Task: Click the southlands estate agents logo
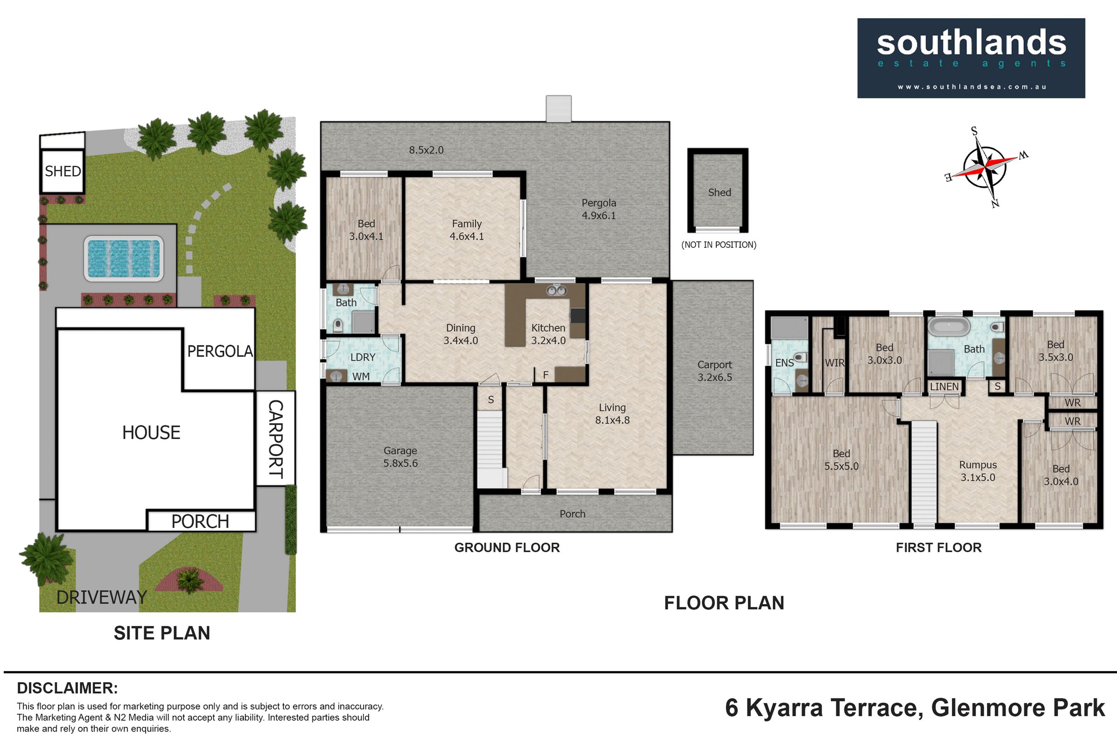[x=971, y=58]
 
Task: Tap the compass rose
[x=986, y=167]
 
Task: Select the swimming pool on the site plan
[x=123, y=259]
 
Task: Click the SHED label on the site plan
[x=63, y=171]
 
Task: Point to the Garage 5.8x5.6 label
[x=400, y=457]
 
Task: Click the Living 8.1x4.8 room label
[x=612, y=413]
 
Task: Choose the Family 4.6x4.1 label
[x=467, y=230]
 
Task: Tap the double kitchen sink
[x=557, y=290]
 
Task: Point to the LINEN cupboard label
[x=944, y=387]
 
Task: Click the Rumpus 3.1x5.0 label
[x=978, y=471]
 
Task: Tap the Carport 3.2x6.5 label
[x=715, y=371]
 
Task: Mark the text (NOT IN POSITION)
[x=719, y=245]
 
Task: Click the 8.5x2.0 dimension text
[x=426, y=150]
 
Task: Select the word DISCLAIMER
[x=67, y=688]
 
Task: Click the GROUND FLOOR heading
[x=507, y=548]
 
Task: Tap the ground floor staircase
[x=490, y=449]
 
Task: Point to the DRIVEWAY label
[x=101, y=597]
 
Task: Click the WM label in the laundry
[x=361, y=376]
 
